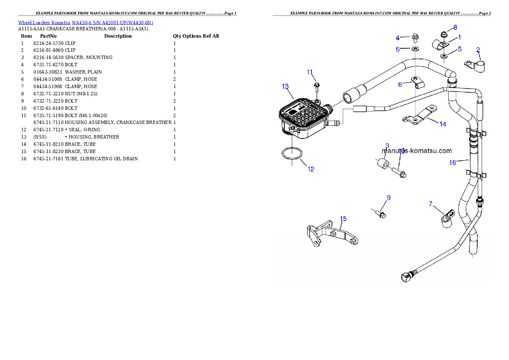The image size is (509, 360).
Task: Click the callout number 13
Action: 285,86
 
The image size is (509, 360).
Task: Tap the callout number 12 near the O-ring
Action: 311,169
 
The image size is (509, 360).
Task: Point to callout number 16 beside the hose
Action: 453,162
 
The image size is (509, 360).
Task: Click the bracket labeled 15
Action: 331,236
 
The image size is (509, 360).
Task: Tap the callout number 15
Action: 343,218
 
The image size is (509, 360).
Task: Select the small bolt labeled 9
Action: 380,213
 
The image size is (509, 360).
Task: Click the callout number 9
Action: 388,198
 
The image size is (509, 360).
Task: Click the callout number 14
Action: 443,124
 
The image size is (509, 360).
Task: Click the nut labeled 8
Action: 444,34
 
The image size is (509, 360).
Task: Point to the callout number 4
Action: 397,38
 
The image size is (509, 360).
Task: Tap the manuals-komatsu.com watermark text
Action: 417,151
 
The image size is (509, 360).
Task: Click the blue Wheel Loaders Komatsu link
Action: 86,23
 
